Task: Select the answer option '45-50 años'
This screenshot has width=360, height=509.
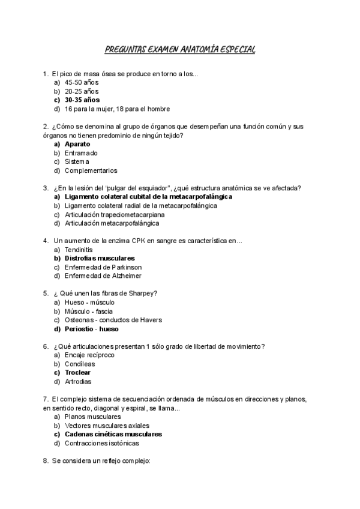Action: pyautogui.click(x=82, y=82)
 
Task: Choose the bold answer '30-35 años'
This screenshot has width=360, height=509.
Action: pyautogui.click(x=82, y=100)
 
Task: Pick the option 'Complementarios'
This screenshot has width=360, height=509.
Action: pyautogui.click(x=91, y=170)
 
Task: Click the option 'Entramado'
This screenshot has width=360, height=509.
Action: pyautogui.click(x=81, y=153)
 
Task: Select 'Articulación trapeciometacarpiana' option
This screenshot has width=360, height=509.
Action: pyautogui.click(x=115, y=214)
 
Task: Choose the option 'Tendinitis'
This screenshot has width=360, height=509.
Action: pyautogui.click(x=79, y=250)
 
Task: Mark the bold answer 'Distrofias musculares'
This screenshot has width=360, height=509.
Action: pyautogui.click(x=100, y=258)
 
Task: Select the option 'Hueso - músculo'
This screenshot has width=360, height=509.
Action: pyautogui.click(x=89, y=303)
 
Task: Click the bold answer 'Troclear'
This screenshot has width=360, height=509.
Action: pyautogui.click(x=77, y=373)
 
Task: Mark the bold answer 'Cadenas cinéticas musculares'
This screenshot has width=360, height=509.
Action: pyautogui.click(x=113, y=434)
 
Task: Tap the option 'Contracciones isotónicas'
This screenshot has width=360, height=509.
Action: pyautogui.click(x=101, y=443)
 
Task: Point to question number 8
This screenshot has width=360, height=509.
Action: pyautogui.click(x=46, y=461)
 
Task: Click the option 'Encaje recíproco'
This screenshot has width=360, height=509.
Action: pyautogui.click(x=89, y=355)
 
